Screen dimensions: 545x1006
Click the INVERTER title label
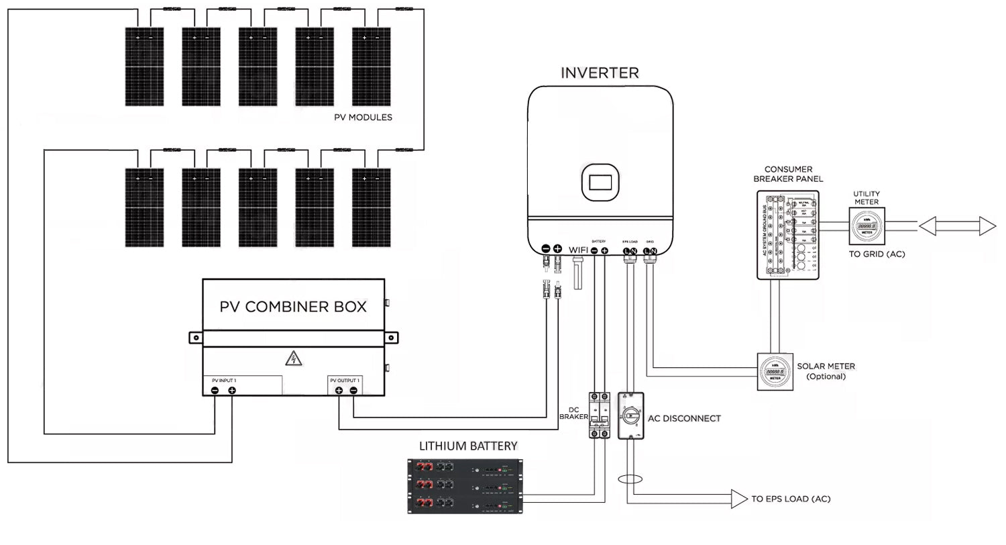[x=600, y=72]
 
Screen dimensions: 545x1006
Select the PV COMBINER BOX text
[x=293, y=307]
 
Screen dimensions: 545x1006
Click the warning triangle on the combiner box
[x=293, y=358]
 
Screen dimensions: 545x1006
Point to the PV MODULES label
[x=363, y=117]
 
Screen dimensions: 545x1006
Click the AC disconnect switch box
[x=630, y=416]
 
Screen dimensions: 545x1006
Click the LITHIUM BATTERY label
[x=468, y=446]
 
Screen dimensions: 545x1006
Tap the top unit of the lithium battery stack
[x=465, y=467]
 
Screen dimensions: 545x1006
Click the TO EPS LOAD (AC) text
[x=791, y=499]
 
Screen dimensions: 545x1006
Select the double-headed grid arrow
[x=957, y=227]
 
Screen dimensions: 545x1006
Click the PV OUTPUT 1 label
[x=345, y=381]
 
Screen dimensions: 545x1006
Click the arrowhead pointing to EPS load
[x=739, y=499]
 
